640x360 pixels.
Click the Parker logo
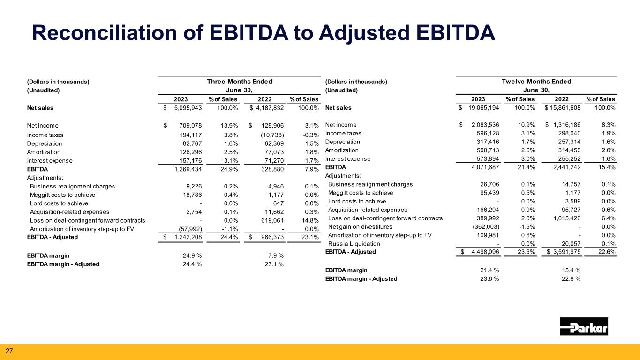584,326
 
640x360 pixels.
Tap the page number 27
9,351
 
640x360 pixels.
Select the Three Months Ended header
240,82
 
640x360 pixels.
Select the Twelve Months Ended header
536,82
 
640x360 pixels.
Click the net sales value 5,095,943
188,108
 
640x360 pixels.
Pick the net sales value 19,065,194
483,108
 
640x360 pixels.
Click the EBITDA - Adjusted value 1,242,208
188,237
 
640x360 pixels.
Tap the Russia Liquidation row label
354,244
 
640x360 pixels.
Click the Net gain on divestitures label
360,226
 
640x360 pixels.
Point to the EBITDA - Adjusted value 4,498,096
485,252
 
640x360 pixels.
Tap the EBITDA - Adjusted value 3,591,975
567,252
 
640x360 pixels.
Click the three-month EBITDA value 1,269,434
188,169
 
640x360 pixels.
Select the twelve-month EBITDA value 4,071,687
485,167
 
